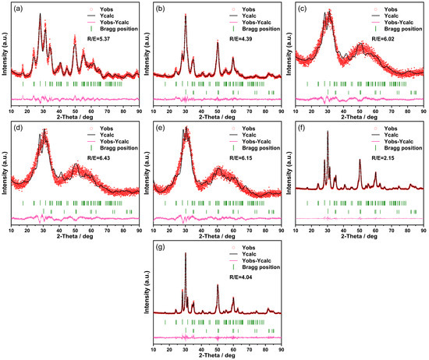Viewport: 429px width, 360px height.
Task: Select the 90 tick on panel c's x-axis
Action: click(x=424, y=111)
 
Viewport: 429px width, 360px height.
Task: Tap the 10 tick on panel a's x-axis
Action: click(x=11, y=111)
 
